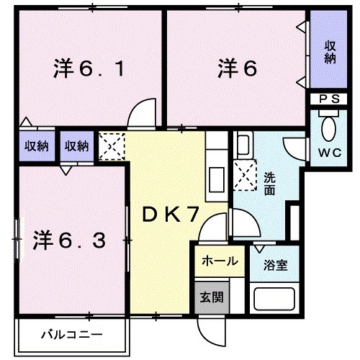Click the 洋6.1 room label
[80, 70]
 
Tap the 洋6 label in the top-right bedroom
[237, 70]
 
